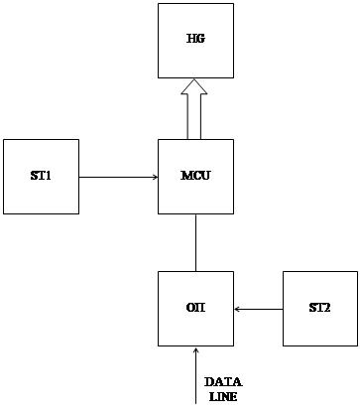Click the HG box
pyautogui.click(x=195, y=41)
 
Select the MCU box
pyautogui.click(x=195, y=177)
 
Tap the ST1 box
pyautogui.click(x=41, y=177)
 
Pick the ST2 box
pyautogui.click(x=320, y=309)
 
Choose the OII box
pyautogui.click(x=195, y=309)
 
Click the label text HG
pyautogui.click(x=195, y=39)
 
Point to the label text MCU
pyautogui.click(x=195, y=175)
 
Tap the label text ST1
pyautogui.click(x=41, y=175)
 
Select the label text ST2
pyautogui.click(x=319, y=308)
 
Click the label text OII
pyautogui.click(x=195, y=308)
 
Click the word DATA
pyautogui.click(x=223, y=382)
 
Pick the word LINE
pyautogui.click(x=223, y=396)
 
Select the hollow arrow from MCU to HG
pyautogui.click(x=194, y=109)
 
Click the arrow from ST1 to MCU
pyautogui.click(x=119, y=177)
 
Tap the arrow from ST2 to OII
pyautogui.click(x=258, y=310)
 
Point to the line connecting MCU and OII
pyautogui.click(x=195, y=242)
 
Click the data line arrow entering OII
pyautogui.click(x=195, y=375)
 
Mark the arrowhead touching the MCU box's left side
pyautogui.click(x=156, y=177)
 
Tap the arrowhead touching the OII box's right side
pyautogui.click(x=237, y=310)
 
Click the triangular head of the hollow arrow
pyautogui.click(x=194, y=87)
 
